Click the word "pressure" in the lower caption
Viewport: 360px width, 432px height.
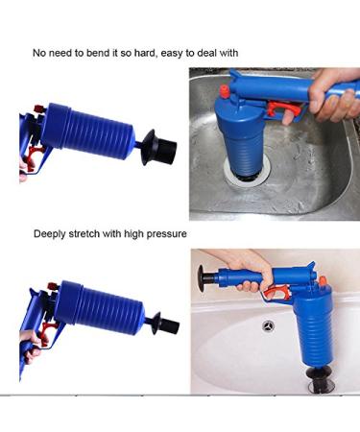coord(166,234)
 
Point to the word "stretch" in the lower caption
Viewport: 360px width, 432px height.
coord(84,234)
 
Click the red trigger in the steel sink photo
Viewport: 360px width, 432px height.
coord(283,109)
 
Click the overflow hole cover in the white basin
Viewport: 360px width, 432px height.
coord(268,326)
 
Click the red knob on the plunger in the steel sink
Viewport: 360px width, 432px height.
coord(225,91)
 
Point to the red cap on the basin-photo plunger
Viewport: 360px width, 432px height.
coord(323,280)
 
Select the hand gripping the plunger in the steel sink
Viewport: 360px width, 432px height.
coord(334,96)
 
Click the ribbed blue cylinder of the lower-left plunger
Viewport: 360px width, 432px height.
coord(99,308)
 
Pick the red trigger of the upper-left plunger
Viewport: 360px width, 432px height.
coord(35,152)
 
